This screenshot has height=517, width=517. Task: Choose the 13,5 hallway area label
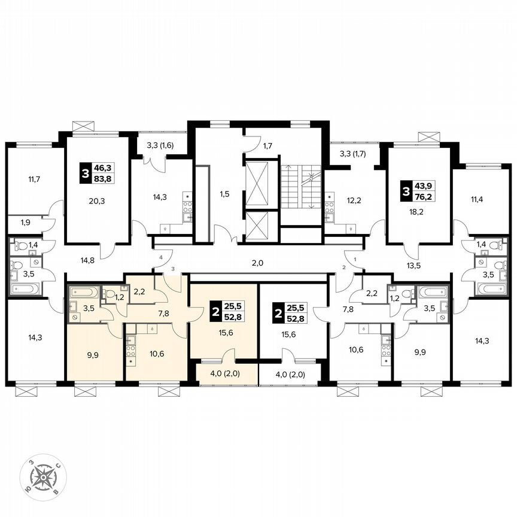click(415, 266)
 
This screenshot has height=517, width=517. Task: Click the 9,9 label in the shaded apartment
click(93, 355)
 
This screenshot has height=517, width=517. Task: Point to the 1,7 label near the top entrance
click(267, 145)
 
